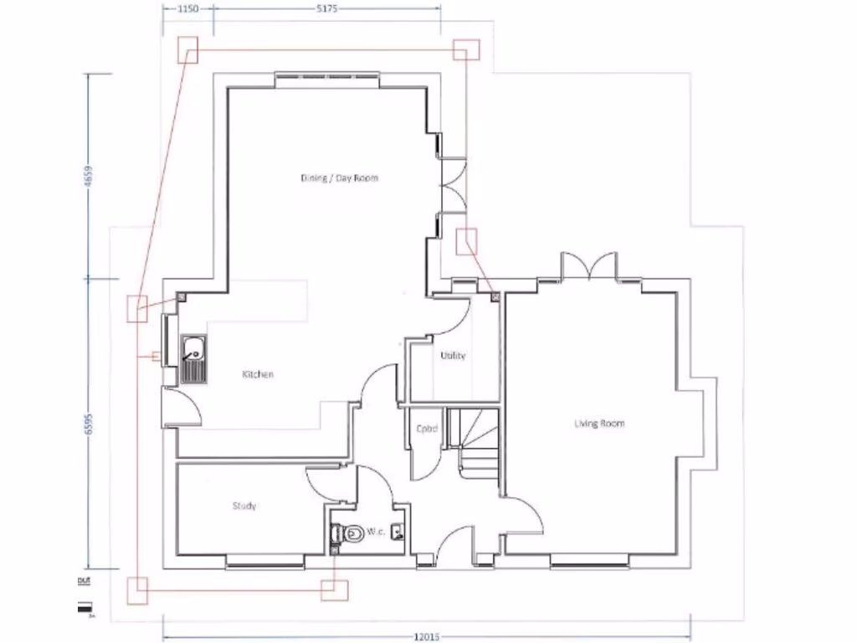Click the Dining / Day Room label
click(341, 178)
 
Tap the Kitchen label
click(258, 374)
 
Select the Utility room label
click(453, 356)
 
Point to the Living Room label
click(599, 424)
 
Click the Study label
click(244, 506)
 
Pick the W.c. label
click(374, 532)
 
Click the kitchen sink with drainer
click(193, 358)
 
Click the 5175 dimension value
click(327, 8)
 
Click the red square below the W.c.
click(335, 589)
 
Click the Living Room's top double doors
click(590, 266)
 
